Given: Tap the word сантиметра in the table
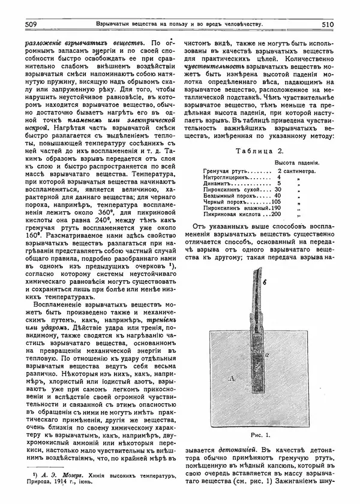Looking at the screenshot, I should pos(303,171).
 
